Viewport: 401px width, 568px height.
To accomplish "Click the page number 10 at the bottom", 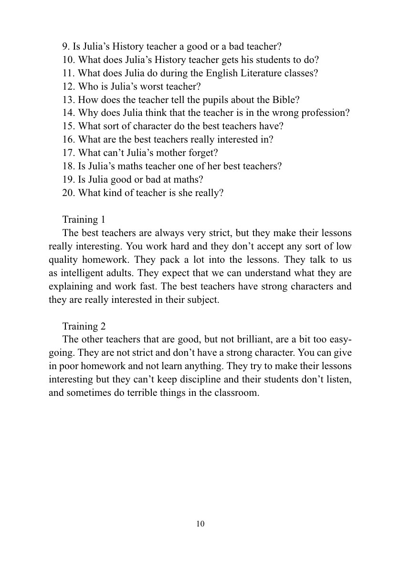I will point(200,524).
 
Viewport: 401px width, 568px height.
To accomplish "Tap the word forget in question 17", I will point(204,153).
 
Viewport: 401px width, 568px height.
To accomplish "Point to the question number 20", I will point(68,193).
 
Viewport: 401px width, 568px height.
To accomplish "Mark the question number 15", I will point(68,126).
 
